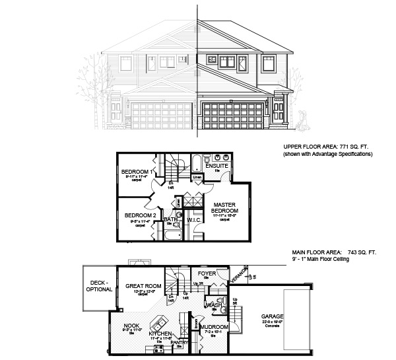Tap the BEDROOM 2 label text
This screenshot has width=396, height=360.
[x=139, y=215]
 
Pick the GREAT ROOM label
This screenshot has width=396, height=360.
[x=143, y=286]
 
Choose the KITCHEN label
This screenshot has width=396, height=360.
[x=161, y=334]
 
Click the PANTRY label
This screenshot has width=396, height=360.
[x=180, y=343]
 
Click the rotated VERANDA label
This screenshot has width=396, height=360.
[x=243, y=275]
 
